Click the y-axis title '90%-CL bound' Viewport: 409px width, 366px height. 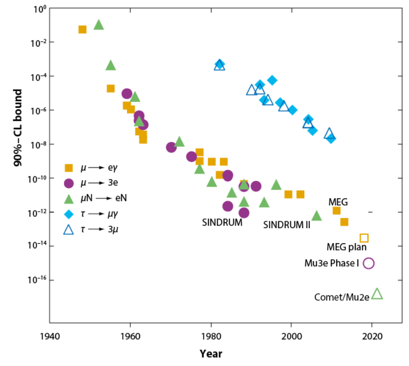[x=18, y=128]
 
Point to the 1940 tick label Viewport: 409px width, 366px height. [x=50, y=337]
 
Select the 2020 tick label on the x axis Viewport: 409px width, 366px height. [x=372, y=337]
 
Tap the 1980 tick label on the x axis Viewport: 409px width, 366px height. [x=211, y=337]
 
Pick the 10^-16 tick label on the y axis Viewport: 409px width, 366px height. [x=36, y=280]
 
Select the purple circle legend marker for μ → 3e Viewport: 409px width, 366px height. [x=69, y=183]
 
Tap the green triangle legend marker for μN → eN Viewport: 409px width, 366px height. [x=69, y=198]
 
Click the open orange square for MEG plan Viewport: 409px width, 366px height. [x=364, y=238]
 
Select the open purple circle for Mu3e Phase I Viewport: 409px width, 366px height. [x=368, y=263]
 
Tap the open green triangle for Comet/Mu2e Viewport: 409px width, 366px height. [x=377, y=294]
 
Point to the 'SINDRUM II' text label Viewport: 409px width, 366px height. [x=286, y=225]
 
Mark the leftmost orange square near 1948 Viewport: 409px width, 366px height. [x=82, y=29]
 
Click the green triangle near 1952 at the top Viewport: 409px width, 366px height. [x=99, y=25]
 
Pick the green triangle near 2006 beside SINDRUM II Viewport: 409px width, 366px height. [x=316, y=216]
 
